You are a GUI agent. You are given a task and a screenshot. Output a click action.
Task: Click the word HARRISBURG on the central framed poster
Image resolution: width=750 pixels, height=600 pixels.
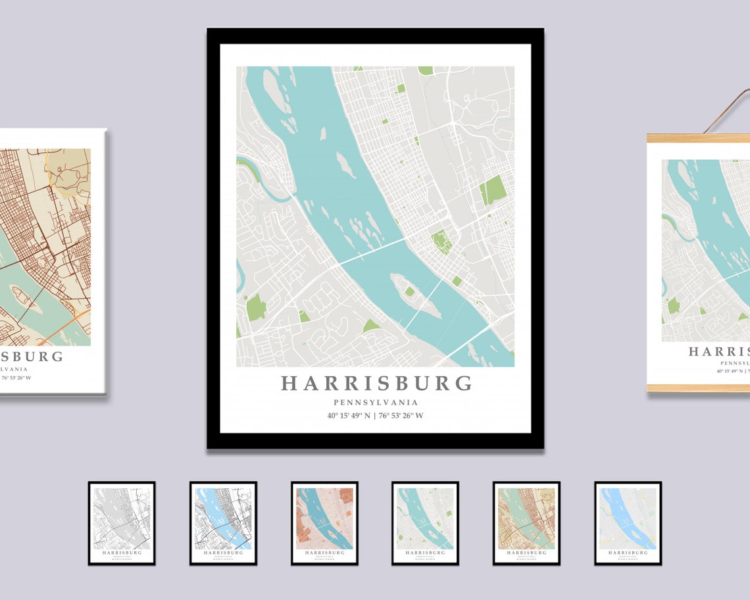(376, 384)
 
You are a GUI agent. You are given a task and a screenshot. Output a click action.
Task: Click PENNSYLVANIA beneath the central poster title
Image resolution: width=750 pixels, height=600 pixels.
(376, 403)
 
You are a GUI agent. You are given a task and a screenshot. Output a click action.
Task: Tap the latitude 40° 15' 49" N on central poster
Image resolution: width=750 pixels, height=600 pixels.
(349, 415)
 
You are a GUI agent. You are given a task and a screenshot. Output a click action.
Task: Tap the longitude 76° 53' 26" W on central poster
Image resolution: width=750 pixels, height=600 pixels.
(401, 415)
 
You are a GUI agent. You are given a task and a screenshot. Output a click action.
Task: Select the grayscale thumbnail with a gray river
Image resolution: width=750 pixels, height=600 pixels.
(122, 523)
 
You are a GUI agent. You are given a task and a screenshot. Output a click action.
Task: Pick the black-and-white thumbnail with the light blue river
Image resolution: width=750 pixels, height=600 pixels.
(223, 523)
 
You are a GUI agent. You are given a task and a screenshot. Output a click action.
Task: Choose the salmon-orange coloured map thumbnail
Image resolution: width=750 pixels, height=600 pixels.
(324, 523)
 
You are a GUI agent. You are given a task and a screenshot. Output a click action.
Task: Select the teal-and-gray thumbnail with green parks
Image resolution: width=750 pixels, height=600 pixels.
(425, 523)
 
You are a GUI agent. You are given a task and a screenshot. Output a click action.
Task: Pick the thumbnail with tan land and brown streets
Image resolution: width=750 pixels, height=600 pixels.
(526, 523)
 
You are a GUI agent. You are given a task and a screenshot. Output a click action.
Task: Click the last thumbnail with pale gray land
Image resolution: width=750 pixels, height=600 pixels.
(628, 523)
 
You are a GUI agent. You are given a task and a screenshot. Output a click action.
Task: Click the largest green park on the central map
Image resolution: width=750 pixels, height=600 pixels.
(493, 190)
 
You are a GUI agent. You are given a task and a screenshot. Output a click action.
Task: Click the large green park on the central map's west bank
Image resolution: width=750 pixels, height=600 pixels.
(256, 307)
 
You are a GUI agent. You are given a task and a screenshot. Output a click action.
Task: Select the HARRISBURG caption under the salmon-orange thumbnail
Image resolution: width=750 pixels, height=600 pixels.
(324, 553)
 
